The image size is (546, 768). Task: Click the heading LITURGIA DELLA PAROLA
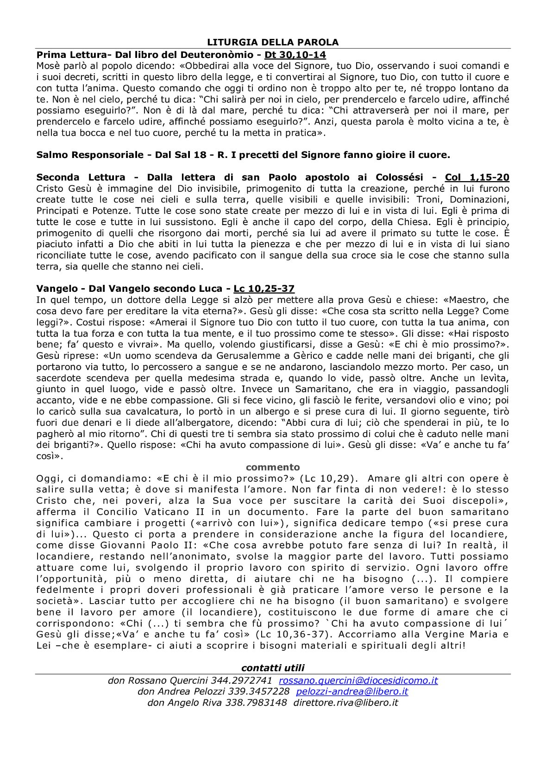tap(273, 42)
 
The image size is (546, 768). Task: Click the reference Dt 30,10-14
tap(295, 55)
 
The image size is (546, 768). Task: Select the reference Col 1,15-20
tap(477, 177)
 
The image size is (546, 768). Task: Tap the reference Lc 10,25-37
tap(264, 289)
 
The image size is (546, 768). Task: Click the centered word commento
tap(273, 467)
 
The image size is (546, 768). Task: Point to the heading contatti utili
tap(273, 668)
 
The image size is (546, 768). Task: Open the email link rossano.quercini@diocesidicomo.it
tap(358, 680)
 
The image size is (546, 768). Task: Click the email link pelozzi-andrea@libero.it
tap(352, 692)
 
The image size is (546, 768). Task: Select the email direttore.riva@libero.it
tap(345, 703)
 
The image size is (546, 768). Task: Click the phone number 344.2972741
tap(241, 680)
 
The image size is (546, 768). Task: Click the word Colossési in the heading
tap(399, 177)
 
